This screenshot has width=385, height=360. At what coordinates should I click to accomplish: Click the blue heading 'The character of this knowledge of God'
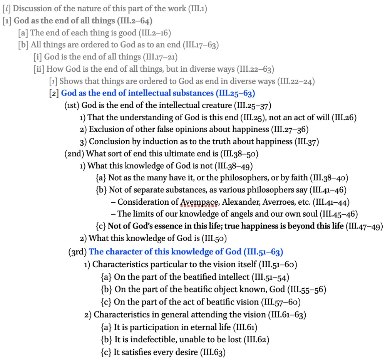(x=166, y=252)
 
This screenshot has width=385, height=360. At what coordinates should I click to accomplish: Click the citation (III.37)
(x=307, y=141)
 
